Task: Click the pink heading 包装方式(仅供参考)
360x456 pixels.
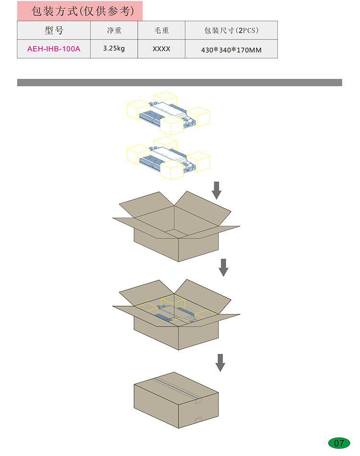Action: coord(83,11)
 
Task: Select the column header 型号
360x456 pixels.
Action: coord(54,30)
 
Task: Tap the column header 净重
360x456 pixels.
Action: coord(114,30)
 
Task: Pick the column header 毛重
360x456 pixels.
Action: coord(161,30)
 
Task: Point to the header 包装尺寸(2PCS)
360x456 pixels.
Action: coord(231,30)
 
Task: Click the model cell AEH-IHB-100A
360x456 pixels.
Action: coord(54,49)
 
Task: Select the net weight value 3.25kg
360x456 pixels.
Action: coord(114,48)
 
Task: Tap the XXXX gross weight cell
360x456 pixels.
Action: coord(161,49)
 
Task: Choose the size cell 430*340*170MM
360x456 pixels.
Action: coord(231,50)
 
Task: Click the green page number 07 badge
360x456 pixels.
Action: coord(339,443)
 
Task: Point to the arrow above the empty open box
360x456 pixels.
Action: coord(216,191)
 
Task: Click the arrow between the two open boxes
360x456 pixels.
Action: coord(223,267)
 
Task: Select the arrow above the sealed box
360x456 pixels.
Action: coord(220,363)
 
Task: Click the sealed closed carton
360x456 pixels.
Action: coord(176,400)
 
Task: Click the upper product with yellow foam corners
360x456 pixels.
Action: coord(168,113)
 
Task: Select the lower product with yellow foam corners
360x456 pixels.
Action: coord(168,158)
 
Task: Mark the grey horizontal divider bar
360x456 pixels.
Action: coord(180,83)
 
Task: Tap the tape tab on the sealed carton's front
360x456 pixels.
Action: coord(198,420)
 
